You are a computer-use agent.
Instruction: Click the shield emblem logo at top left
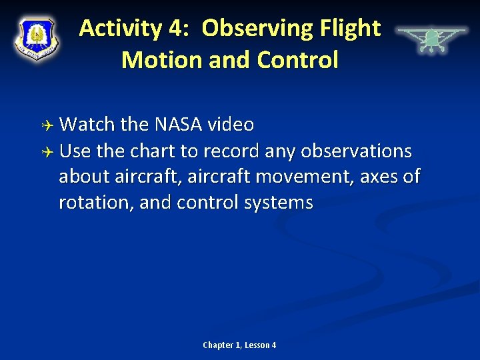pos(37,38)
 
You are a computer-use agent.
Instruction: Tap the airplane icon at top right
pos(431,39)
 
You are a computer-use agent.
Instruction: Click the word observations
pos(356,151)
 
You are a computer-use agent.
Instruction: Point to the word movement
pos(318,177)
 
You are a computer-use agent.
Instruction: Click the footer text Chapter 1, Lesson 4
pos(239,345)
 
